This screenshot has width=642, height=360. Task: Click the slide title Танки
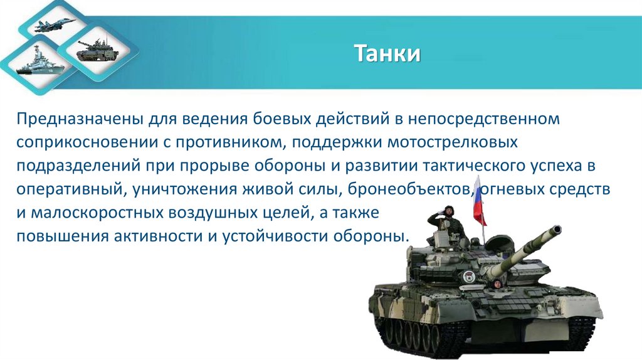tap(387, 53)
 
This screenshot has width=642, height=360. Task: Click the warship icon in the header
tap(36, 63)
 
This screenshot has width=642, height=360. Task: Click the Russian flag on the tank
tap(479, 201)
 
